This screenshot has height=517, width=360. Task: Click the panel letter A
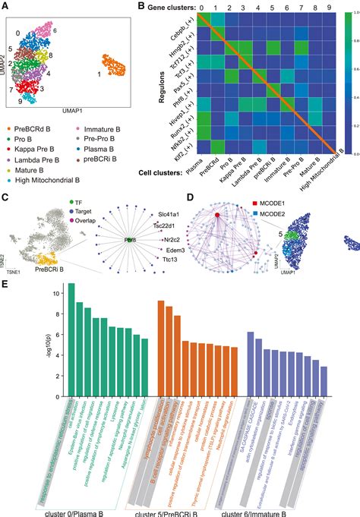click(x=6, y=7)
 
